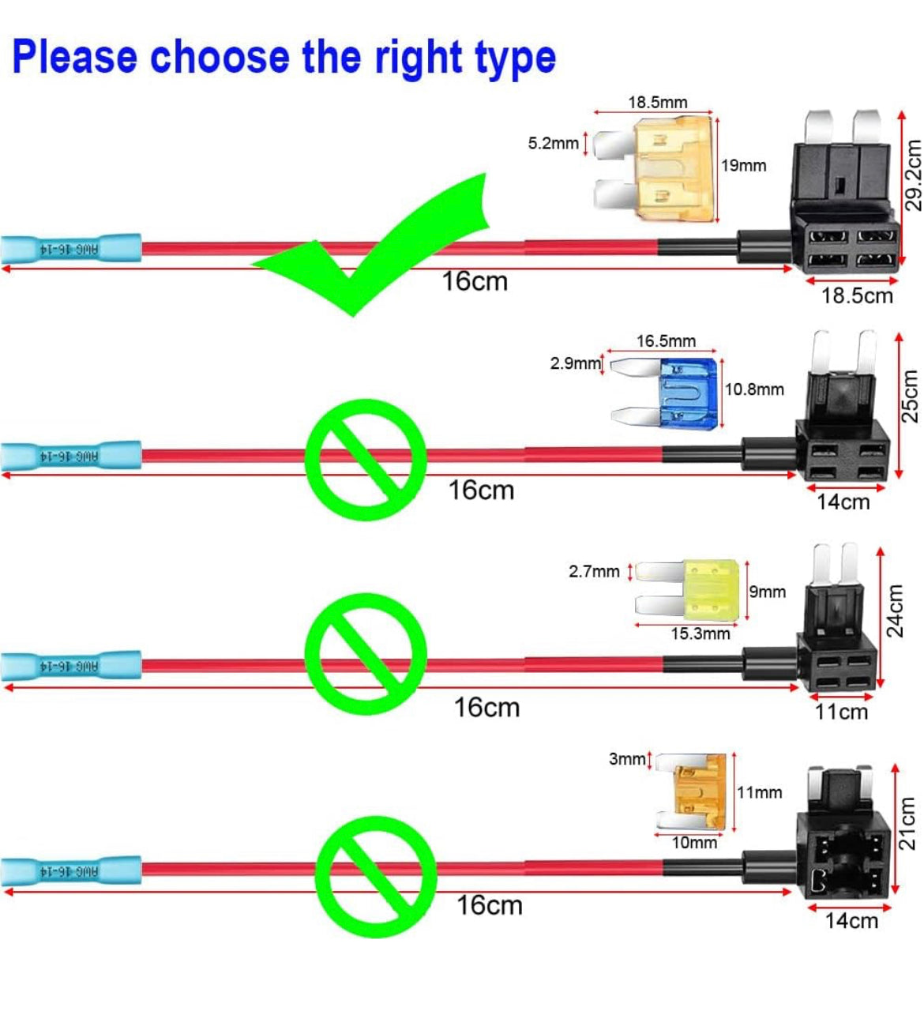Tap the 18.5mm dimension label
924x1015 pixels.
pos(657,103)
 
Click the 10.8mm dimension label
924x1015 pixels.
pos(754,389)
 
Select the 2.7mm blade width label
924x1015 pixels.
pos(594,571)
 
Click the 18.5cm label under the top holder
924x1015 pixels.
pos(856,295)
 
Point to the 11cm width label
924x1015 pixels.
pos(841,712)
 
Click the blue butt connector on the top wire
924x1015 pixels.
pos(71,250)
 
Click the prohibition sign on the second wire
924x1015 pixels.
pos(366,459)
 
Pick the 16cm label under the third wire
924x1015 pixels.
pos(486,708)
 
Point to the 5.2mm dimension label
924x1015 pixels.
pos(553,144)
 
